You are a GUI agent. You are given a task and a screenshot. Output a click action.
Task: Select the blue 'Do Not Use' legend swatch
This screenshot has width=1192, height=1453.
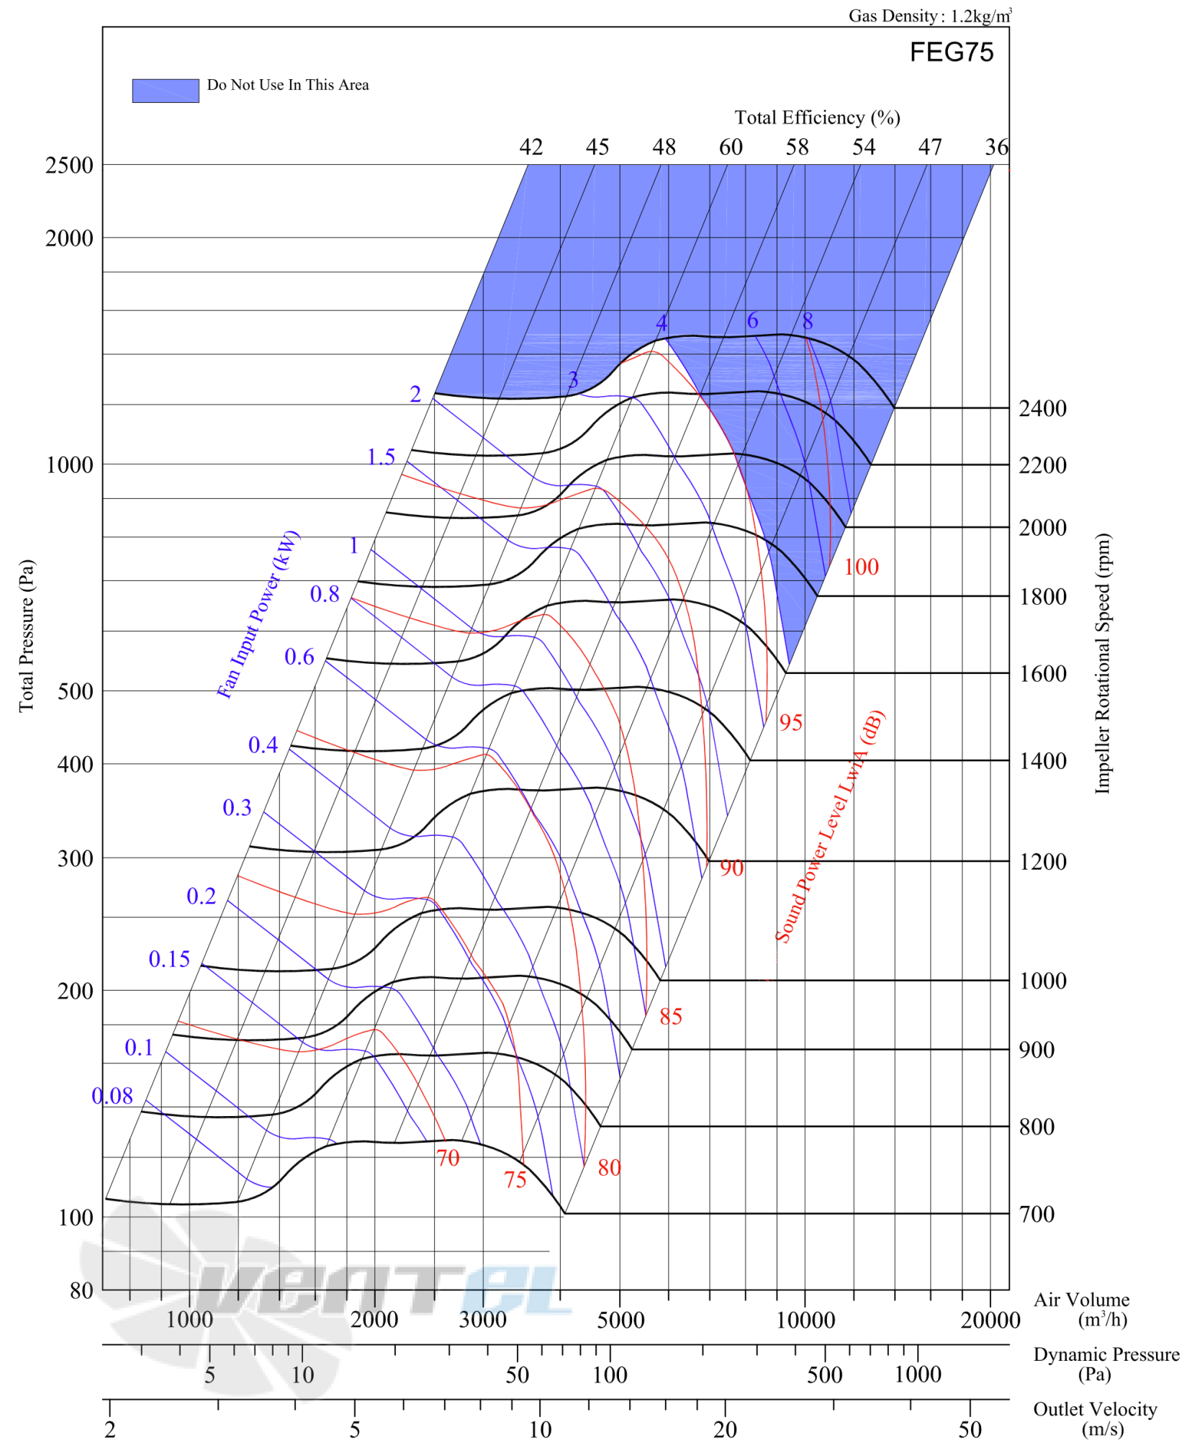[165, 91]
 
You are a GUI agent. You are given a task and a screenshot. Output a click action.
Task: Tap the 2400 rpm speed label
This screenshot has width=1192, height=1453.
[1042, 408]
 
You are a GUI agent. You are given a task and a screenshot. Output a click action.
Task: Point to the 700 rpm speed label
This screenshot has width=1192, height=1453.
[1036, 1214]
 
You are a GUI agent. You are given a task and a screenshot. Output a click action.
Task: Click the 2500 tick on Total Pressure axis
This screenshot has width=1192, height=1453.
[69, 165]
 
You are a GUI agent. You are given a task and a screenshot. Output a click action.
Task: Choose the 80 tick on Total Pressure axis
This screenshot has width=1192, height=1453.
[81, 1290]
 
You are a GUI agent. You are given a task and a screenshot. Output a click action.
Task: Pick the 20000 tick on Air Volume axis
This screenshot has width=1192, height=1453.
[990, 1320]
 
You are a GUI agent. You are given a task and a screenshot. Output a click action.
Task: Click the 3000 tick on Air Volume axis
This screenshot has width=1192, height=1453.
[482, 1320]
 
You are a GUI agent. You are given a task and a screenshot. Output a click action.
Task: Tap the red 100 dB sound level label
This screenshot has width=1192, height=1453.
[861, 567]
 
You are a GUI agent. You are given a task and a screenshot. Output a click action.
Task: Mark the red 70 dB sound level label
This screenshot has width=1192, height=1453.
[448, 1158]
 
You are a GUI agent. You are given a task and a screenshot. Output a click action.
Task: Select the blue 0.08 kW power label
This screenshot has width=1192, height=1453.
[112, 1095]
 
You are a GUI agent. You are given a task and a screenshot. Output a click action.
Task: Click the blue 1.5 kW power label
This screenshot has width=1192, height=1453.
[381, 456]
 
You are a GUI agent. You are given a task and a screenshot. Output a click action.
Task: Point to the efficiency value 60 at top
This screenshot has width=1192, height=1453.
[731, 147]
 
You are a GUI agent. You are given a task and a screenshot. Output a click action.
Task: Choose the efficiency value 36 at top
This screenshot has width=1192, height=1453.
[997, 147]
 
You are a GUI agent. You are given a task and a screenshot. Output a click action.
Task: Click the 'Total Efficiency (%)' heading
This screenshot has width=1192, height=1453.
[817, 117]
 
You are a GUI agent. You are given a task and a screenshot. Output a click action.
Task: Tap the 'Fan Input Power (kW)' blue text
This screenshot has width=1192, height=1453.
[258, 614]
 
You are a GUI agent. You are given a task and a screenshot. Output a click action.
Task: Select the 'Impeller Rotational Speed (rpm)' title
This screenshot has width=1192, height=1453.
[1102, 663]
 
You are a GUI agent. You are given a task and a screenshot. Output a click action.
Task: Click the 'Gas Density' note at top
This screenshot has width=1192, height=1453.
[930, 15]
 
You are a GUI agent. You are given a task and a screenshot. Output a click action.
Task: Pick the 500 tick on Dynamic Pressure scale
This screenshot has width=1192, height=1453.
[824, 1375]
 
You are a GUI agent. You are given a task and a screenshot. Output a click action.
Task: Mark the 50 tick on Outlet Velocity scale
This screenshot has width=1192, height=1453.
[970, 1429]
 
